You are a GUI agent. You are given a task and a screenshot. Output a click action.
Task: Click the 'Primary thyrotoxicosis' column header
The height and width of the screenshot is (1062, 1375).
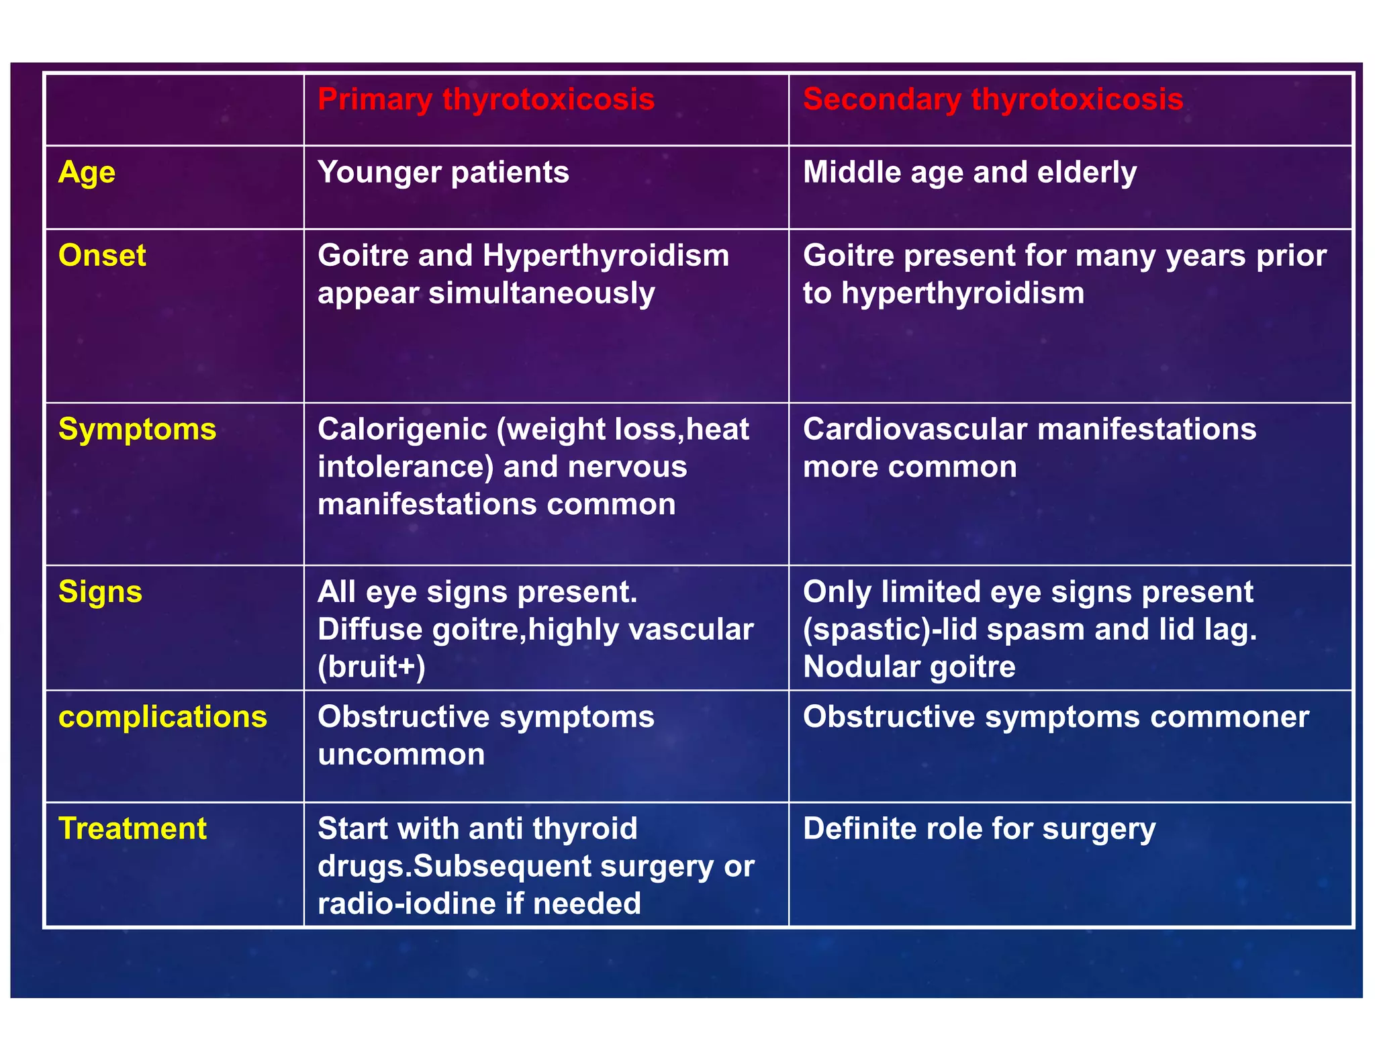tap(485, 99)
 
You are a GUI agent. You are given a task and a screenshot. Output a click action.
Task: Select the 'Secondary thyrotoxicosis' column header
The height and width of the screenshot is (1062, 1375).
tap(992, 99)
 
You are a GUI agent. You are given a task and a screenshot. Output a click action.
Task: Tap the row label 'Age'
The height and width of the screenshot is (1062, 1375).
tap(87, 173)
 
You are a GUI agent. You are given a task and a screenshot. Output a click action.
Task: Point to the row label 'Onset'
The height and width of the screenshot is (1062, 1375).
tap(102, 256)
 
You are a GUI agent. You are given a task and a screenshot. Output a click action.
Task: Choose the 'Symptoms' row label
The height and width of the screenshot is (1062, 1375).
tap(137, 430)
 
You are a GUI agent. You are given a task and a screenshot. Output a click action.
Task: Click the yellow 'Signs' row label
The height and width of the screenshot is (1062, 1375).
tap(100, 592)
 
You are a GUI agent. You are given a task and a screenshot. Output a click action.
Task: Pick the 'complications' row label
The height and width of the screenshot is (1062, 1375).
tap(162, 717)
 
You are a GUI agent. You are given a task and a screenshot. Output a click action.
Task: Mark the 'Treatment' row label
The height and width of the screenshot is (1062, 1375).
tap(132, 828)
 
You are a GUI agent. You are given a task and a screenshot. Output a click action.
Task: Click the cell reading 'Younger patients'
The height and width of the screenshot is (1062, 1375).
tap(443, 173)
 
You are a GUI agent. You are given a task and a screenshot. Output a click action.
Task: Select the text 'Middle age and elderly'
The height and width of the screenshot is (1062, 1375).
tap(969, 173)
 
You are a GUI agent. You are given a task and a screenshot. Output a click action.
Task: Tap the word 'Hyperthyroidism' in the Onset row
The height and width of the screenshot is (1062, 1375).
tap(606, 256)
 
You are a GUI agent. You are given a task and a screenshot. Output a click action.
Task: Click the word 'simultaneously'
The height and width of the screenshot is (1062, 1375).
tap(541, 293)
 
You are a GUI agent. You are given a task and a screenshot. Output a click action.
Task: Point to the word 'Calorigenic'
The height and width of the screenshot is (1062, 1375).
tap(402, 430)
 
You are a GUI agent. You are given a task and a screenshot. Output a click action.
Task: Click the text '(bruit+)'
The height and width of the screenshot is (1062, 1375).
tap(371, 667)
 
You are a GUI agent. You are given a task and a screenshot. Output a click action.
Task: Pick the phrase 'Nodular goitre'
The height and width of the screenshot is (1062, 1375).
tap(909, 667)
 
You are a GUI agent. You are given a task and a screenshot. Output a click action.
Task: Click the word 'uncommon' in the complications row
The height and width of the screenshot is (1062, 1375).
tap(401, 755)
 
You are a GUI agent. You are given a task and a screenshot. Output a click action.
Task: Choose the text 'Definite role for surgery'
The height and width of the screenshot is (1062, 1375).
tap(979, 828)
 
